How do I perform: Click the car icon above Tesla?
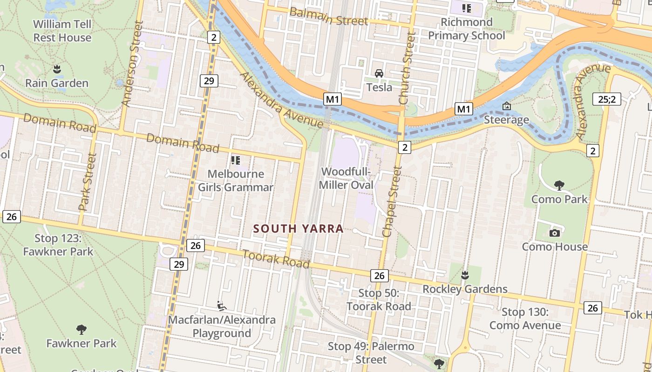(x=379, y=73)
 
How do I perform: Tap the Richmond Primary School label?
(x=466, y=29)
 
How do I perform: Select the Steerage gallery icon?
(x=506, y=106)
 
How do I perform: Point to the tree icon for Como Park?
(x=559, y=186)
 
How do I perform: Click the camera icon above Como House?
(x=554, y=233)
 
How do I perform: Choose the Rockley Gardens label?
(x=465, y=289)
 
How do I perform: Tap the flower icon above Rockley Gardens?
(x=464, y=275)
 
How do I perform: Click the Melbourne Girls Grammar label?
(x=236, y=181)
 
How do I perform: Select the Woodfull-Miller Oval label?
(x=346, y=179)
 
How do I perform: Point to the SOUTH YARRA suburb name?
(x=299, y=229)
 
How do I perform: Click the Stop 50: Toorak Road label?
(x=379, y=300)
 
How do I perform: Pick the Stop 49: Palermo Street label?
(x=371, y=353)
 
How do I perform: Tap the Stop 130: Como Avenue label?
(x=525, y=319)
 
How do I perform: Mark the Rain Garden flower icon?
(x=57, y=69)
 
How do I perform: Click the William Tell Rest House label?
(x=62, y=31)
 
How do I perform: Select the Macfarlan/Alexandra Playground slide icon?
(x=222, y=306)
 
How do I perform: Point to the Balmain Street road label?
(x=329, y=17)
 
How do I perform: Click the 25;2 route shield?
(x=607, y=99)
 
